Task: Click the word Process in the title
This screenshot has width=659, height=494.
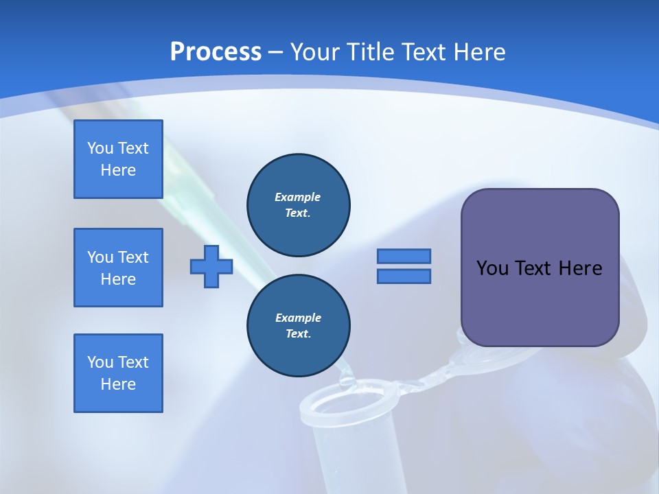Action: [216, 51]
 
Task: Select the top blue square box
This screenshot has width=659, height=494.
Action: [118, 159]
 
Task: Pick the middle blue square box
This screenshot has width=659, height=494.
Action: [118, 268]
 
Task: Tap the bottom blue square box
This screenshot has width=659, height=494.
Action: [118, 373]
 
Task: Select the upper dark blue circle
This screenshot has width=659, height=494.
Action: [298, 204]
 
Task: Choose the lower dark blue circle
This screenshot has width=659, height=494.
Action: [298, 325]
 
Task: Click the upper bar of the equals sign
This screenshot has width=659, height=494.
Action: [404, 256]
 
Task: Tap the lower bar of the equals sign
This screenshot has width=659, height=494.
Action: [404, 276]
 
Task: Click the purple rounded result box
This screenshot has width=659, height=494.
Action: [540, 268]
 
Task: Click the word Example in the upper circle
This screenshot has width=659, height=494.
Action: [298, 197]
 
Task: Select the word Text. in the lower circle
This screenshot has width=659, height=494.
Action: [298, 333]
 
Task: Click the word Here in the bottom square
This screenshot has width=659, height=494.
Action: [118, 384]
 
